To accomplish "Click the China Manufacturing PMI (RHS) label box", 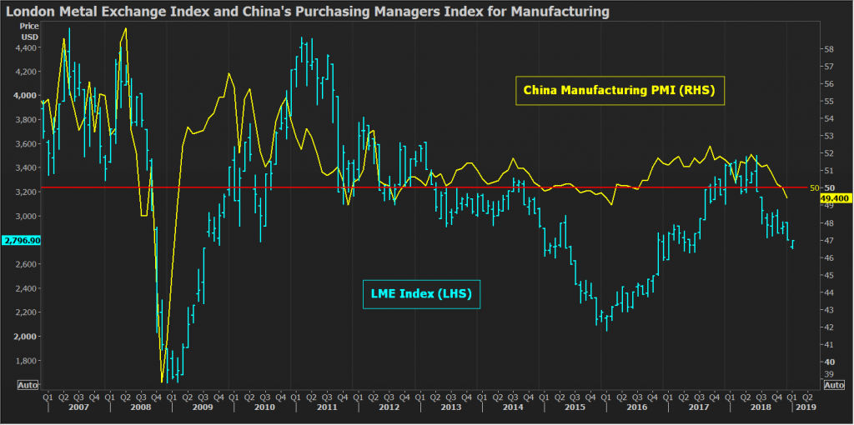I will pos(620,88).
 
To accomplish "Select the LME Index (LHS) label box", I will pos(421,293).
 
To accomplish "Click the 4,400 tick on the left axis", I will pos(27,47).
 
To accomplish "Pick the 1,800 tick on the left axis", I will pos(27,361).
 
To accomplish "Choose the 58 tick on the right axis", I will pos(828,49).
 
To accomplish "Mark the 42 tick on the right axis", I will pos(828,327).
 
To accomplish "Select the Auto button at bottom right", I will pos(833,385).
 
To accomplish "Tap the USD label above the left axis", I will pos(29,37).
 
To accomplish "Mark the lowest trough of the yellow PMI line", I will pos(161,382).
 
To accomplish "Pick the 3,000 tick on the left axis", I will pos(27,216).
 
